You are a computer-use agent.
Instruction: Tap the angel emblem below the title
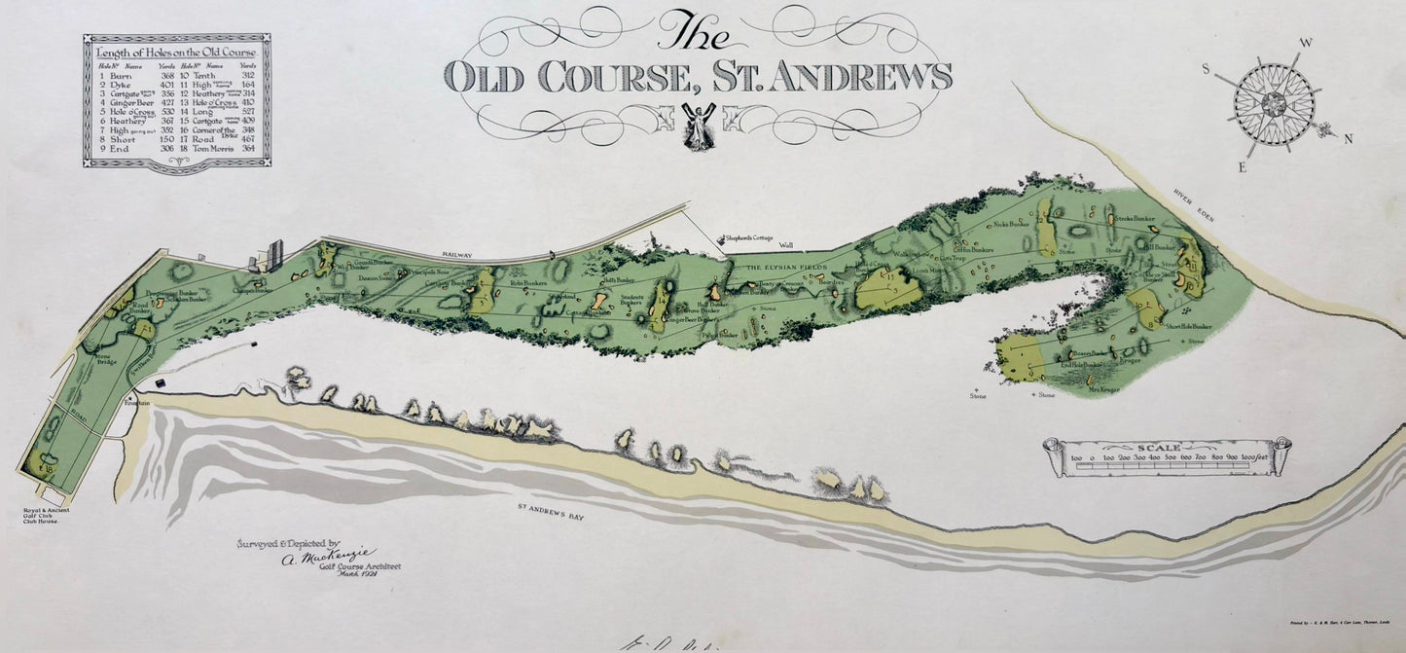pyautogui.click(x=697, y=126)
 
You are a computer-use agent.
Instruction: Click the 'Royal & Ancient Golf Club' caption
pyautogui.click(x=42, y=516)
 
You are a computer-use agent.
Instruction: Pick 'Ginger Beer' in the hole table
pyautogui.click(x=128, y=100)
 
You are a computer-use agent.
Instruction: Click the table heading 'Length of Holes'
pyautogui.click(x=176, y=53)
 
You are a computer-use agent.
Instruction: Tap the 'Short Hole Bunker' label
pyautogui.click(x=1188, y=327)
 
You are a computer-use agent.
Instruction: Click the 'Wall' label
pyautogui.click(x=786, y=245)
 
